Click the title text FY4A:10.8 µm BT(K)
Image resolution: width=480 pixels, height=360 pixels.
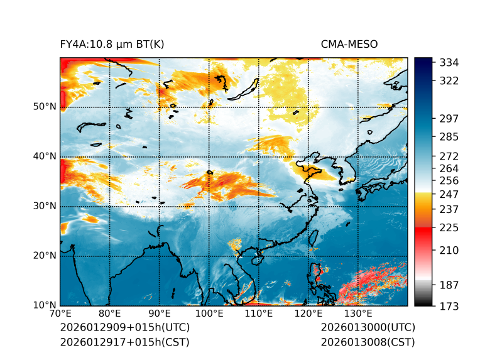coord(112,44)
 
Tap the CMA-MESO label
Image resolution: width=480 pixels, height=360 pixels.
coord(349,44)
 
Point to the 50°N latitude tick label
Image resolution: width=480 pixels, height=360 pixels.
coord(44,107)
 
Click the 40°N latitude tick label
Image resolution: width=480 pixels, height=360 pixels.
coord(44,156)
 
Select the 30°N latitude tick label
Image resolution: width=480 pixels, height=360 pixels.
coord(44,206)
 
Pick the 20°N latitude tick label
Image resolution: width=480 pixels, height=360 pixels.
coord(44,256)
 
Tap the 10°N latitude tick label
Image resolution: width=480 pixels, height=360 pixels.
coord(44,305)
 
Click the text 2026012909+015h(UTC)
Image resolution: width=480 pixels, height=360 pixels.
coord(124,328)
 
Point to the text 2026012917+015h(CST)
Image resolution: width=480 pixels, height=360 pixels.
coord(124,342)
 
